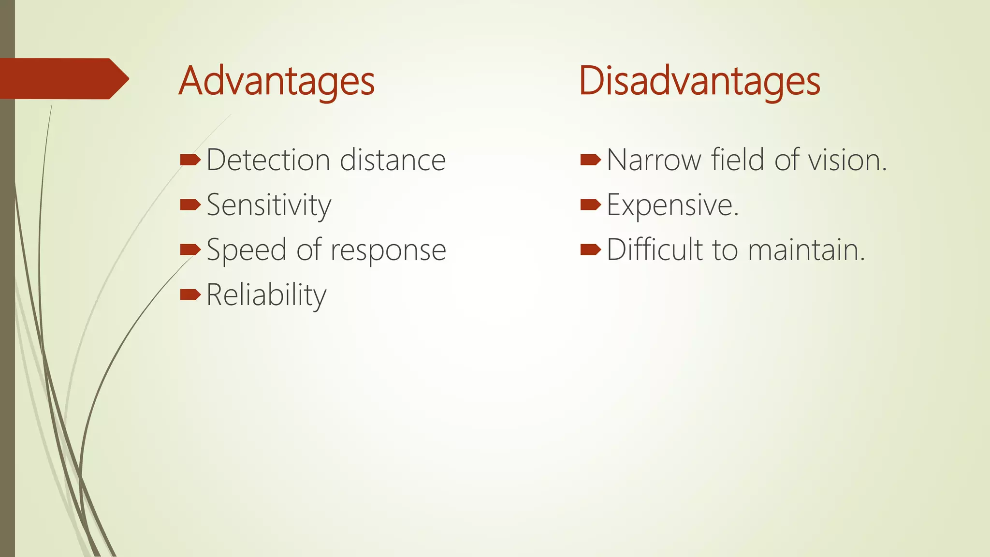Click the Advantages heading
(277, 81)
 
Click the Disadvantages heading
(699, 81)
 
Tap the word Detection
(268, 160)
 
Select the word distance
(393, 160)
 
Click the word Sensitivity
(269, 205)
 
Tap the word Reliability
(266, 295)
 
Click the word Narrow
(653, 160)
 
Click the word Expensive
(672, 205)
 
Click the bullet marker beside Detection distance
(190, 160)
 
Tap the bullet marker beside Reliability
(190, 294)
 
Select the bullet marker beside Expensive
(590, 205)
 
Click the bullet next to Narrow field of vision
(590, 160)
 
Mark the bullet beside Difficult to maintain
(590, 250)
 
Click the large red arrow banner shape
(63, 78)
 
